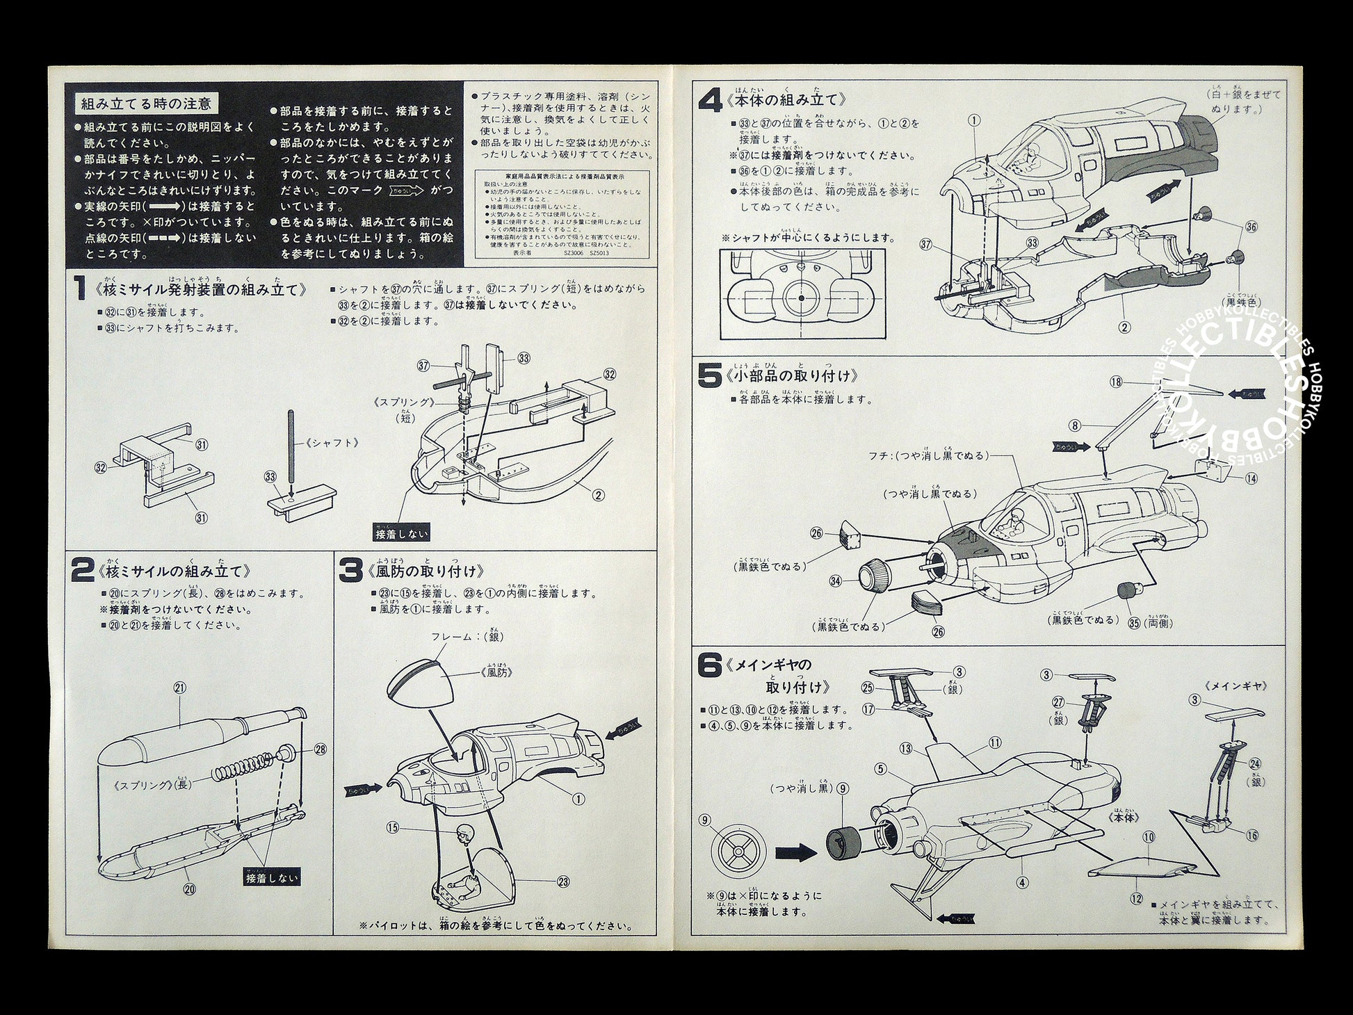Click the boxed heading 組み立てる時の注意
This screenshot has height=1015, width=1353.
coord(146,104)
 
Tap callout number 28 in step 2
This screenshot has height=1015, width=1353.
coord(320,749)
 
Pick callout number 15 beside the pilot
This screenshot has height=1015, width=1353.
coord(393,827)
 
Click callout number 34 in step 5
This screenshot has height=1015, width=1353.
coord(835,580)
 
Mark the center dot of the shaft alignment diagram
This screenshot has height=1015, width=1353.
coord(801,298)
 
